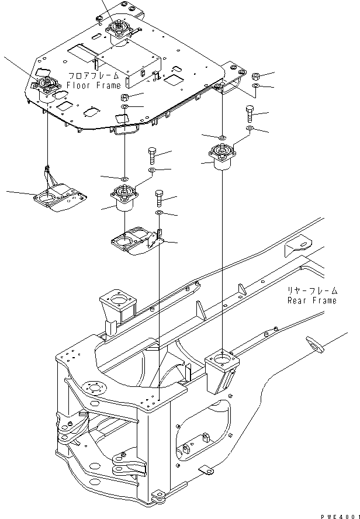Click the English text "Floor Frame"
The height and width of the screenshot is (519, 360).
(x=94, y=85)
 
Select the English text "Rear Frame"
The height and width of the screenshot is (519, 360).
(x=311, y=300)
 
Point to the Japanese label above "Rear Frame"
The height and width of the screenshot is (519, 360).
(x=311, y=290)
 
